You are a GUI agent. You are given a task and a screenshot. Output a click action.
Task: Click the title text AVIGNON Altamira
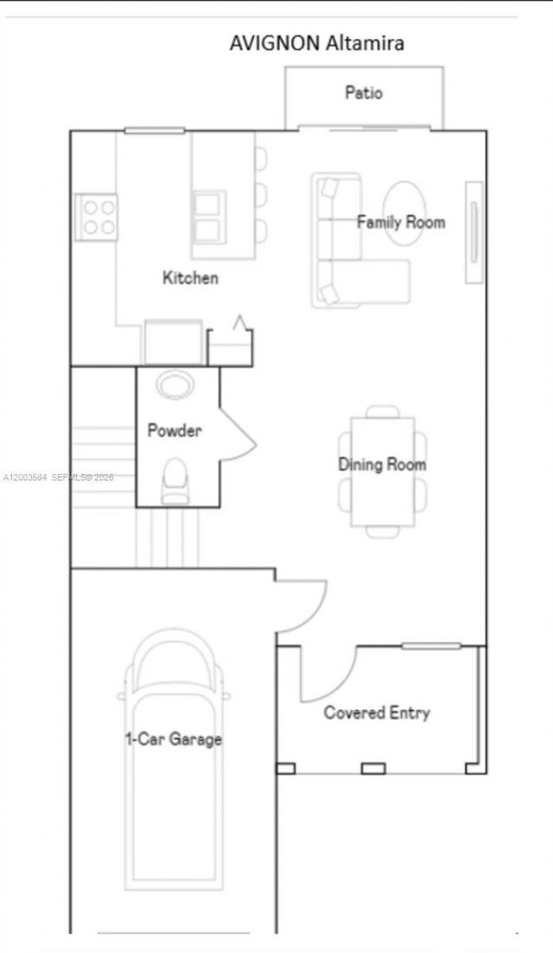(316, 42)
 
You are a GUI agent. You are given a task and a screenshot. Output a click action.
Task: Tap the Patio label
(364, 93)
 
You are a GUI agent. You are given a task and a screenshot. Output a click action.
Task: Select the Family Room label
(401, 222)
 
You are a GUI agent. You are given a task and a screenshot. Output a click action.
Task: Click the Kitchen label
(190, 278)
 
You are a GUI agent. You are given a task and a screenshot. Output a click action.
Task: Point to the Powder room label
(174, 430)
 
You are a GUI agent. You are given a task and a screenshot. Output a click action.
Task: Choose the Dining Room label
(381, 464)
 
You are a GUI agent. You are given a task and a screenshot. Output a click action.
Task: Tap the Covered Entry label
(376, 713)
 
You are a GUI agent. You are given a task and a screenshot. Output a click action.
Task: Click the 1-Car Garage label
(174, 739)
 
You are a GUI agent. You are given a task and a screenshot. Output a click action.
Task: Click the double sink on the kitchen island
(208, 216)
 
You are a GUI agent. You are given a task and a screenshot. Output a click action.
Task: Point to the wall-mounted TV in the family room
(474, 231)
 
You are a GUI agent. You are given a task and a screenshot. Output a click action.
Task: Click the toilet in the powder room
(175, 480)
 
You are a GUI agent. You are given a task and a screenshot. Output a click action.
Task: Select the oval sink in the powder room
(175, 383)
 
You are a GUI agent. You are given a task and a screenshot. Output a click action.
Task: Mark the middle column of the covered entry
(372, 768)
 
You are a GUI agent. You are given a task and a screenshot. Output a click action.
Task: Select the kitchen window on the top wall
(154, 131)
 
